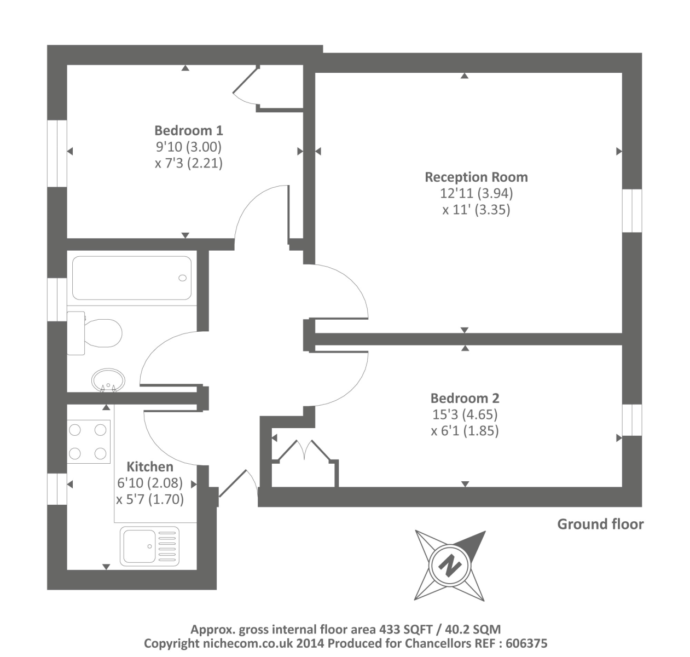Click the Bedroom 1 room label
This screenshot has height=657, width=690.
(189, 131)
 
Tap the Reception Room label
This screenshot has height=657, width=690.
(476, 177)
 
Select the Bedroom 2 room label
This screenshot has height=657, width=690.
(465, 399)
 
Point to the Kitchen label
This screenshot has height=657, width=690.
(150, 467)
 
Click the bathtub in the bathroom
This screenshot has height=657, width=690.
(132, 278)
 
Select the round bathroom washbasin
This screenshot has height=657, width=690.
(108, 380)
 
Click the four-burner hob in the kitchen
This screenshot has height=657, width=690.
(88, 441)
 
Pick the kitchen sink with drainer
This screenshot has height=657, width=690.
(149, 546)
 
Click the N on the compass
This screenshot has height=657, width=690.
(450, 565)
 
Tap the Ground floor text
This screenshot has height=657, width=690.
(600, 525)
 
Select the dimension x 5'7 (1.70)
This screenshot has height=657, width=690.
(150, 499)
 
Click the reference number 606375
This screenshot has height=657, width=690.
(526, 643)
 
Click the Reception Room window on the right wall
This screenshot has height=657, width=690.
(632, 211)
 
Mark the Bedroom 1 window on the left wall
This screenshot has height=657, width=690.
(56, 154)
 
